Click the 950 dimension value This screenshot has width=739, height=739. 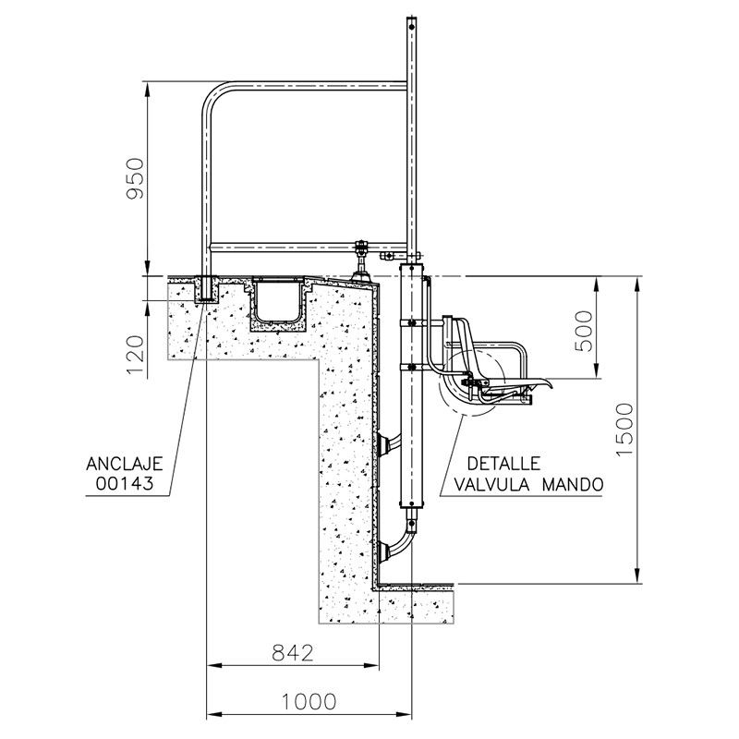click(x=135, y=178)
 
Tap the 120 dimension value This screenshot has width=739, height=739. click(x=135, y=355)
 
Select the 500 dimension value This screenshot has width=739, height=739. click(x=584, y=331)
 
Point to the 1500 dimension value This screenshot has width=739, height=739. click(x=625, y=430)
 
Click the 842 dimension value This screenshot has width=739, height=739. click(x=293, y=653)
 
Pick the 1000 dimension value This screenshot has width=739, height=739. click(x=309, y=702)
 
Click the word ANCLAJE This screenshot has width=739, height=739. click(x=125, y=464)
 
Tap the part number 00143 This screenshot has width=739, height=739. click(x=125, y=483)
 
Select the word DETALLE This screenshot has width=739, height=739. click(x=503, y=464)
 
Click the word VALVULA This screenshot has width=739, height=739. click(x=493, y=484)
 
